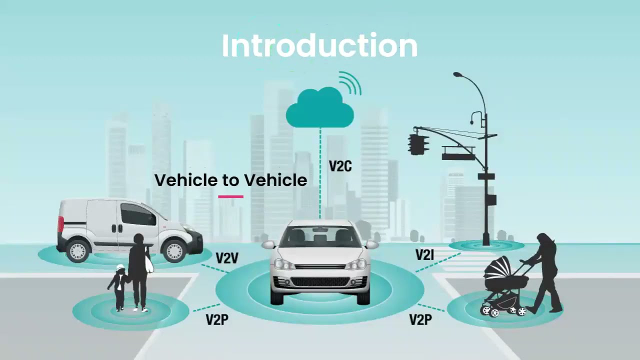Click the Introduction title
tap(319, 46)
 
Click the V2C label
tap(340, 166)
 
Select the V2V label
tap(227, 258)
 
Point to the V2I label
tap(424, 255)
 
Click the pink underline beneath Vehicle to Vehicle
tap(230, 196)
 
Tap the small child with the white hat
tap(119, 287)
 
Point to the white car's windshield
tap(320, 236)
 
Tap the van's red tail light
tap(60, 223)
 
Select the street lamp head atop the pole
tap(458, 75)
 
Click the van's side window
tap(137, 214)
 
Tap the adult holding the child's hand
tap(138, 270)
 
